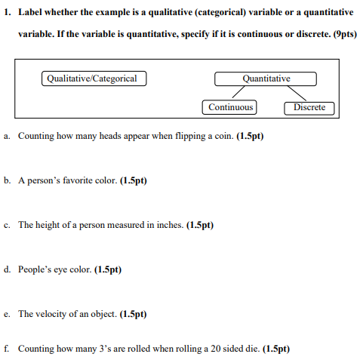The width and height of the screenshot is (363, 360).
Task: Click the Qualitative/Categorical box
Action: pos(93,78)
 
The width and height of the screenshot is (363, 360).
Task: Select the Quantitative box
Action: pos(266,78)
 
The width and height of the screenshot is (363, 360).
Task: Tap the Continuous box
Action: pos(230,107)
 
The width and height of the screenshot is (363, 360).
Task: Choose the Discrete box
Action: pos(309,107)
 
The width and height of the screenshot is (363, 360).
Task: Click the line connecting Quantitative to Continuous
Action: pos(243,93)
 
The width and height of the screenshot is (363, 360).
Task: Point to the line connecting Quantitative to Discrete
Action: pos(293,93)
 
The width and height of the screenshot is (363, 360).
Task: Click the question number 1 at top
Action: pos(6,13)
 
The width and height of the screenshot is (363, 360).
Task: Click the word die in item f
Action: pos(251,349)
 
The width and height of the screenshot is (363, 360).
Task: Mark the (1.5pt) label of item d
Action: pos(108,269)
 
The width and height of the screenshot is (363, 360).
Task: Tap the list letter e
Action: pos(6,314)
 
